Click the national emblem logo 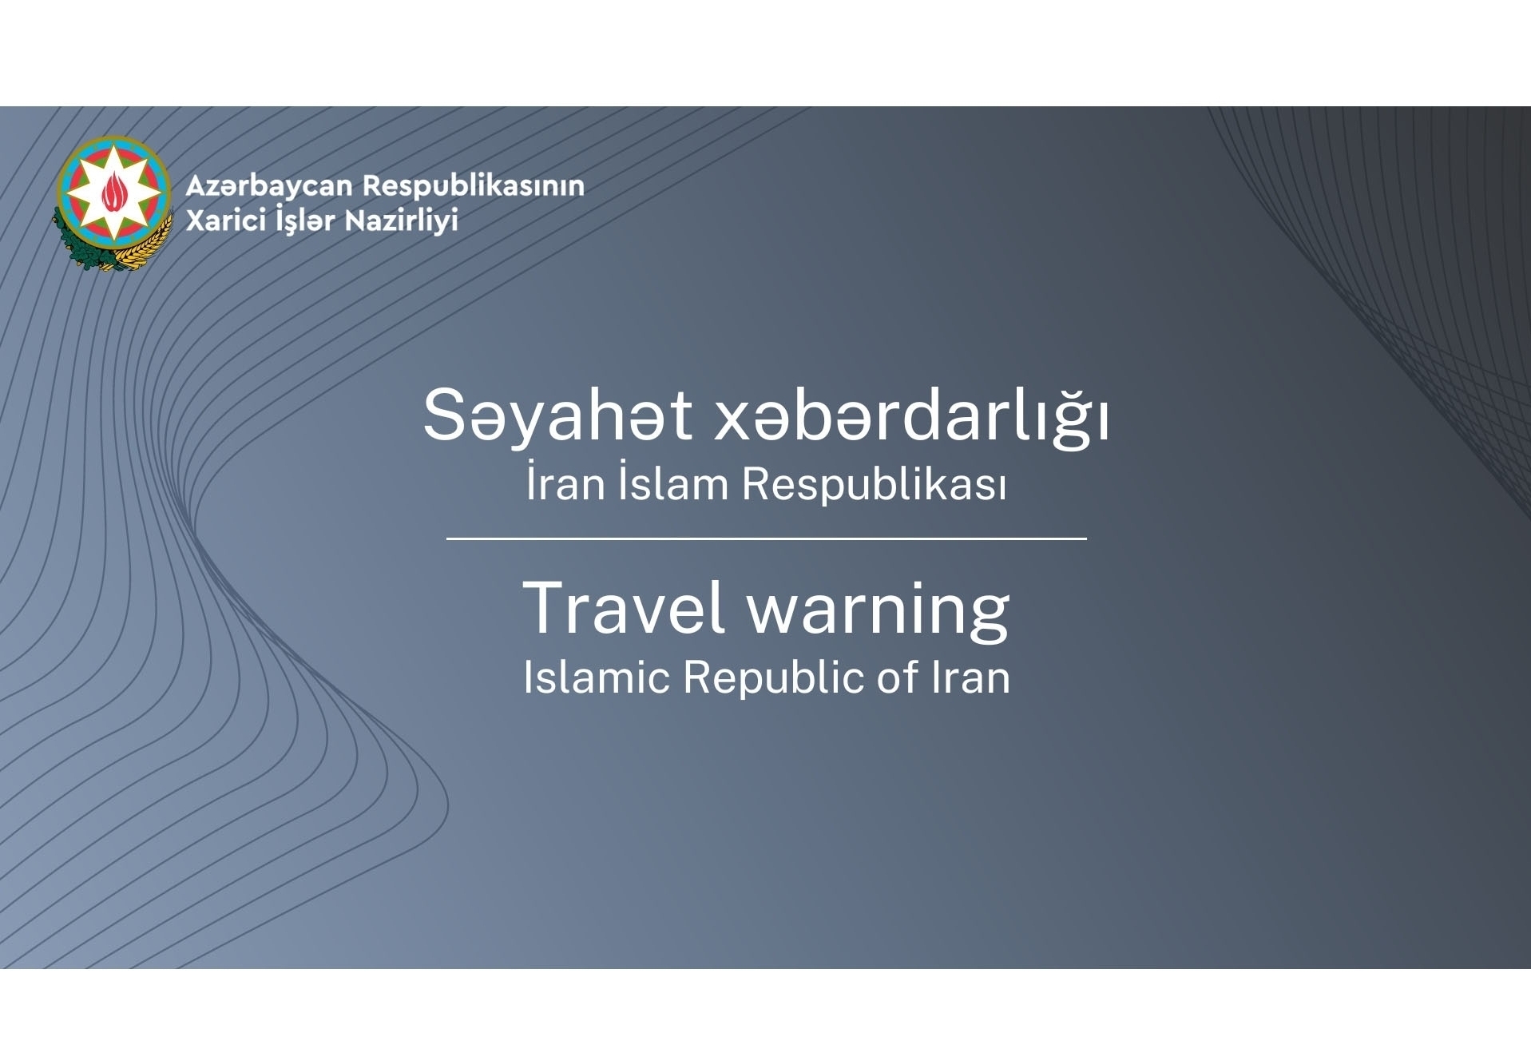click(113, 202)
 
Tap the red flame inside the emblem click(113, 193)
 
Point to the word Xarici click(226, 220)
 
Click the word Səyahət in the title click(557, 415)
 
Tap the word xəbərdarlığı click(911, 415)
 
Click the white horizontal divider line click(767, 539)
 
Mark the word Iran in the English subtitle click(971, 677)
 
